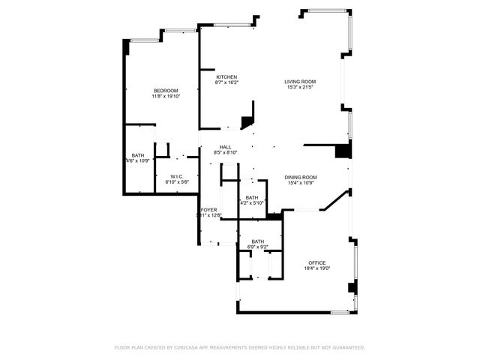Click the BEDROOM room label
tap(166, 90)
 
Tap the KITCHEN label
tap(226, 76)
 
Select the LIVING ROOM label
tap(299, 81)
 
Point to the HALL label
tap(225, 147)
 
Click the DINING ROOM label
tap(300, 177)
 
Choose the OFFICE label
tap(316, 262)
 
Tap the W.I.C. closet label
tap(176, 176)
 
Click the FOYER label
tap(208, 210)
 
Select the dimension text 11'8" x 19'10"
tap(166, 96)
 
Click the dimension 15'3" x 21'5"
tap(299, 87)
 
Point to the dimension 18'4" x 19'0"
tap(316, 268)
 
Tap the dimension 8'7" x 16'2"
tap(226, 82)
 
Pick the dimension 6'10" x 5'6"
tap(176, 182)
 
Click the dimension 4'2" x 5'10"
tap(252, 203)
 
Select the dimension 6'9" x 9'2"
tap(257, 247)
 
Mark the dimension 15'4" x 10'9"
tap(300, 183)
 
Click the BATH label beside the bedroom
tap(138, 155)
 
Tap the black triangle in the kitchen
tap(247, 123)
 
